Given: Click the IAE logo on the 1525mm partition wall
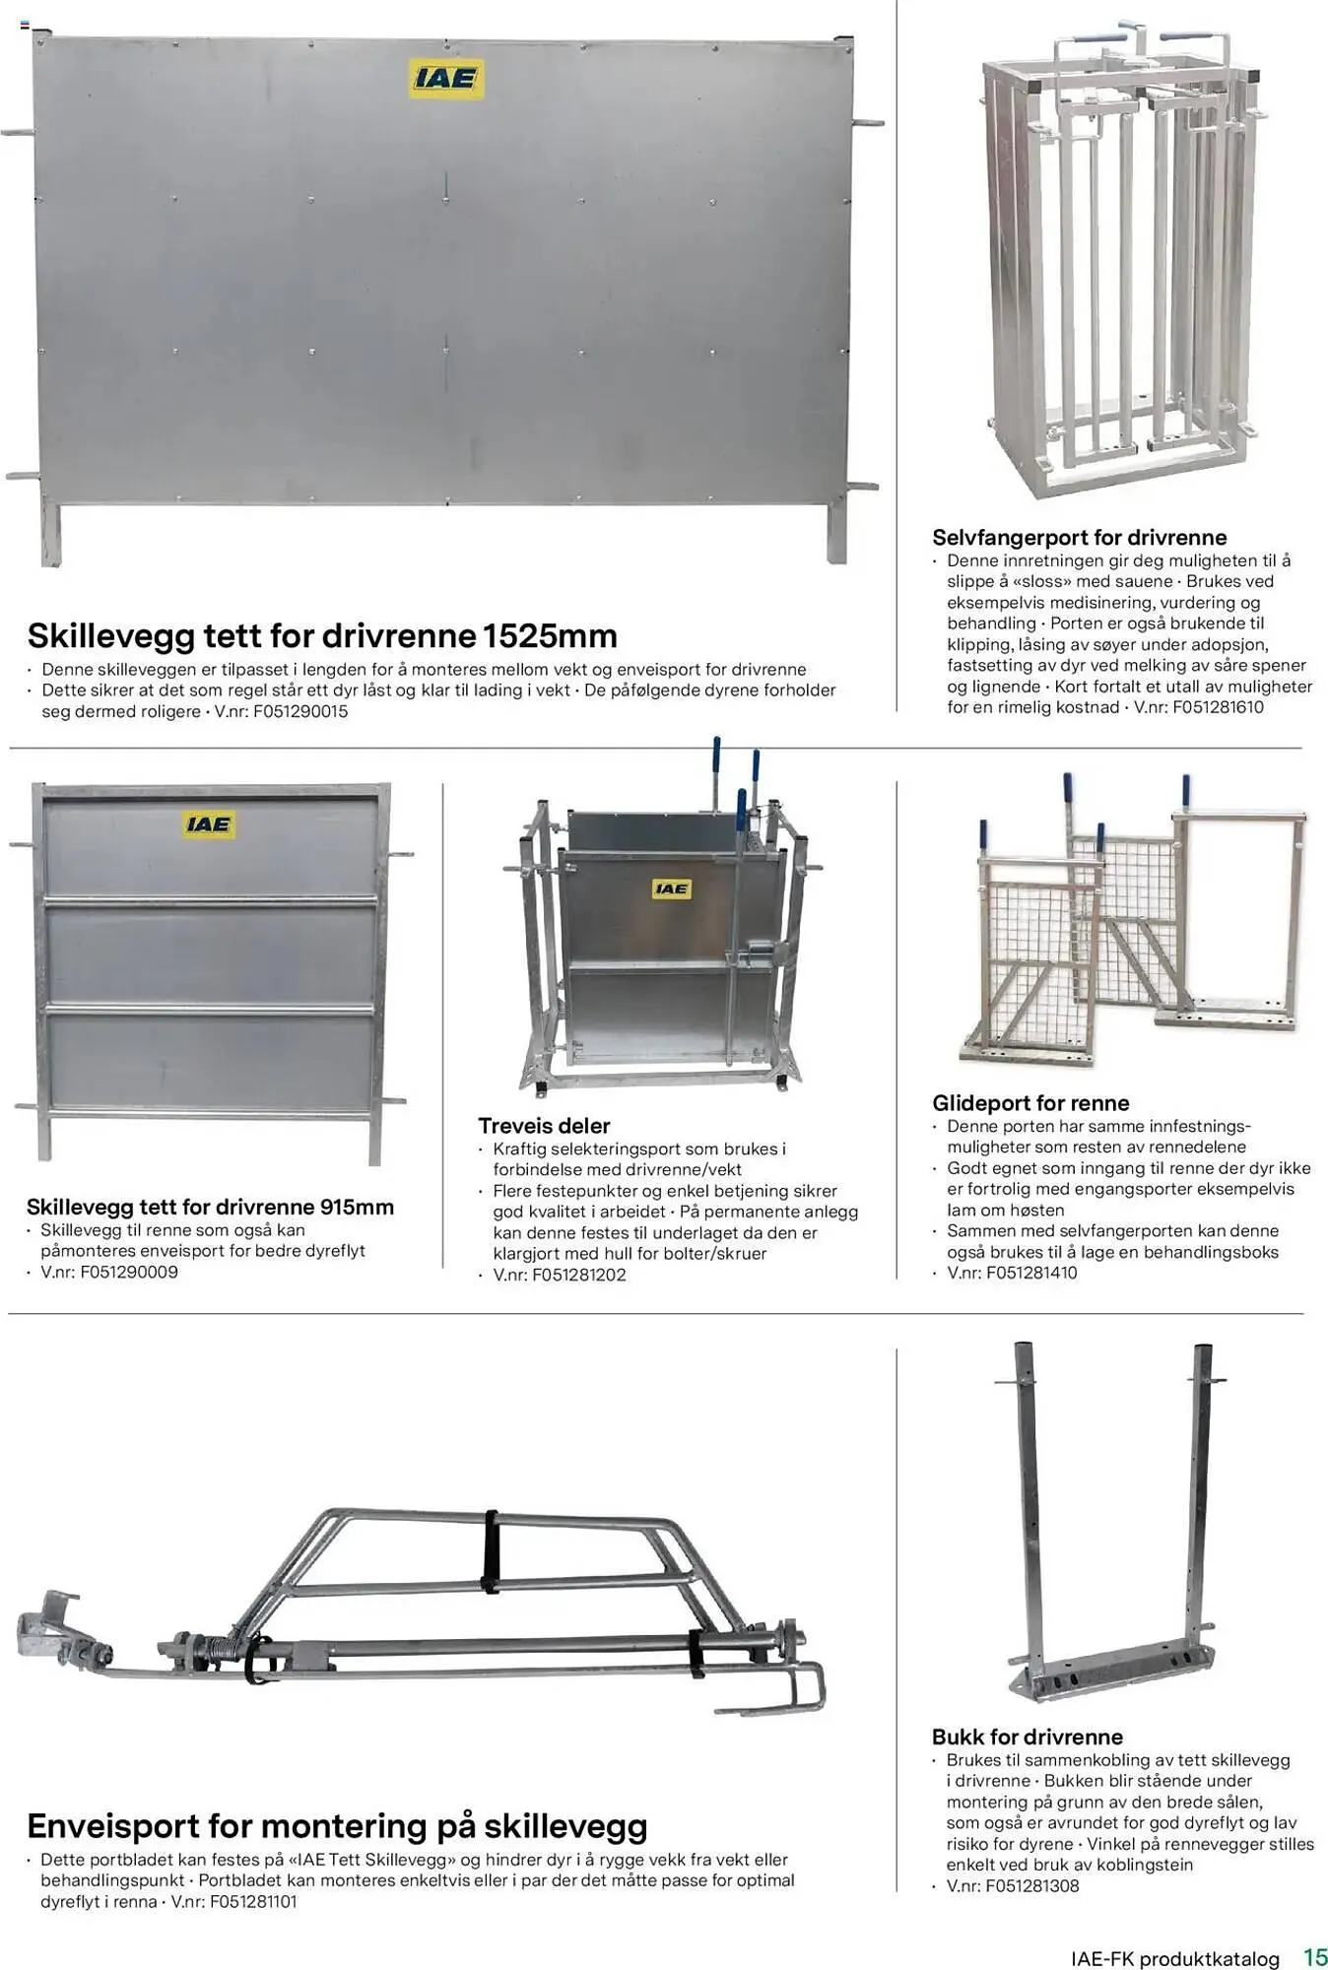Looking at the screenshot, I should pos(446,78).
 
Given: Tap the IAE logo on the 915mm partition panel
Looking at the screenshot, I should pos(209,823).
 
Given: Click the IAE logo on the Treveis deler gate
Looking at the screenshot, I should pos(671,888).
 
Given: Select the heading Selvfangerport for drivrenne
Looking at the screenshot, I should pos(1079,537).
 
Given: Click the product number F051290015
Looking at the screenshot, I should pos(300,711).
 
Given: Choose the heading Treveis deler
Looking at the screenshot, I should pos(544,1125).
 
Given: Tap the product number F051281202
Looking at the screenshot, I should pos(579,1275).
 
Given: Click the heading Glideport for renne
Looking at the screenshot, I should pos(1030,1103).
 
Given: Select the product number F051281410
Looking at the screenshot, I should pos(1031,1273).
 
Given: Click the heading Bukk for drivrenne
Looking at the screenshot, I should pos(1027,1737).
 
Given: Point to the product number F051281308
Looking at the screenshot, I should pos(1031,1885).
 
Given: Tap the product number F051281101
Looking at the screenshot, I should pos(253,1901).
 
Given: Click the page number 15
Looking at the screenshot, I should pos(1315,1956).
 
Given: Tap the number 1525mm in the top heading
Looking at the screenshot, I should pos(550,635).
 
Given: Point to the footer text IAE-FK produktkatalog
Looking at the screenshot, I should pos(1174,1958).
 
